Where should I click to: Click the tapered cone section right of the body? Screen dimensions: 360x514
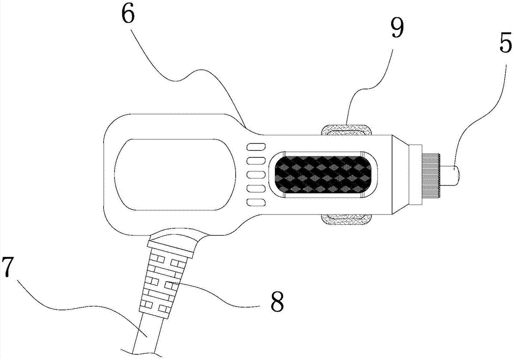(x=399, y=175)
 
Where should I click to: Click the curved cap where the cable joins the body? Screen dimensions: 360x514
(x=173, y=241)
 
